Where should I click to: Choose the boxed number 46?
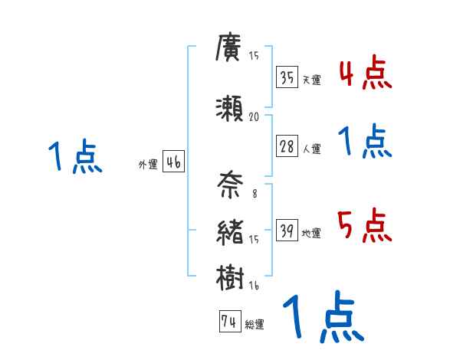[172, 162]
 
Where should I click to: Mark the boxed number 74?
[228, 322]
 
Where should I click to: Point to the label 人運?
[311, 149]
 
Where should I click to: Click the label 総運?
[255, 325]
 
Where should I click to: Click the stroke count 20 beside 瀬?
[255, 116]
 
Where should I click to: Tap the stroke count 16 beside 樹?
[255, 285]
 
